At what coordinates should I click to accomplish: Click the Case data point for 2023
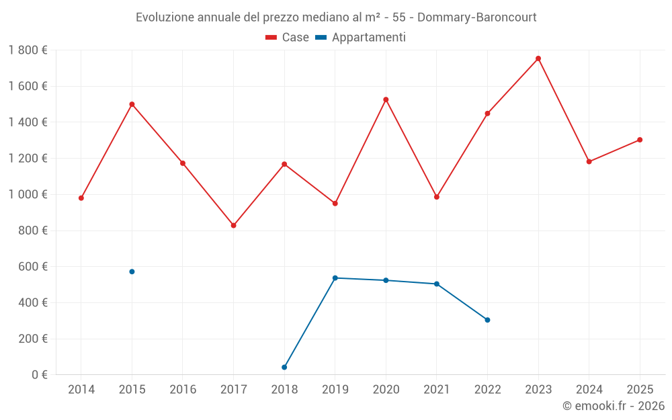coord(538,58)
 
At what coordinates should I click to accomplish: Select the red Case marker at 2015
coord(132,104)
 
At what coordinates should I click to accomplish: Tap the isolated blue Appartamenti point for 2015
coord(132,271)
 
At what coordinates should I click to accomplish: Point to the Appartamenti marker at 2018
coord(284,367)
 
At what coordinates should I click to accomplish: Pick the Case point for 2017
coord(233,225)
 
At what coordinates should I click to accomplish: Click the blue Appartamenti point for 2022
coord(487,320)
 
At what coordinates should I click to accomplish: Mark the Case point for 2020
coord(386,99)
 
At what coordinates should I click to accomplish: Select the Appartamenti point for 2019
coord(335,278)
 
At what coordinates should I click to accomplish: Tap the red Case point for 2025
coord(640,140)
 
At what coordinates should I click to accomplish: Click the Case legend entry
coord(288,38)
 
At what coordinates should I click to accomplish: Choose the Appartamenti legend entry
coord(361,38)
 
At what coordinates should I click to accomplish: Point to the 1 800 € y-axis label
coord(28,50)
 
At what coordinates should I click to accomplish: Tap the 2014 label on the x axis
coord(81,389)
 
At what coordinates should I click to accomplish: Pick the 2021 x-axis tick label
coord(437,389)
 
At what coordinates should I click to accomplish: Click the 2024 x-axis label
coord(589,389)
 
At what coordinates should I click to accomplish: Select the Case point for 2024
coord(589,161)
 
